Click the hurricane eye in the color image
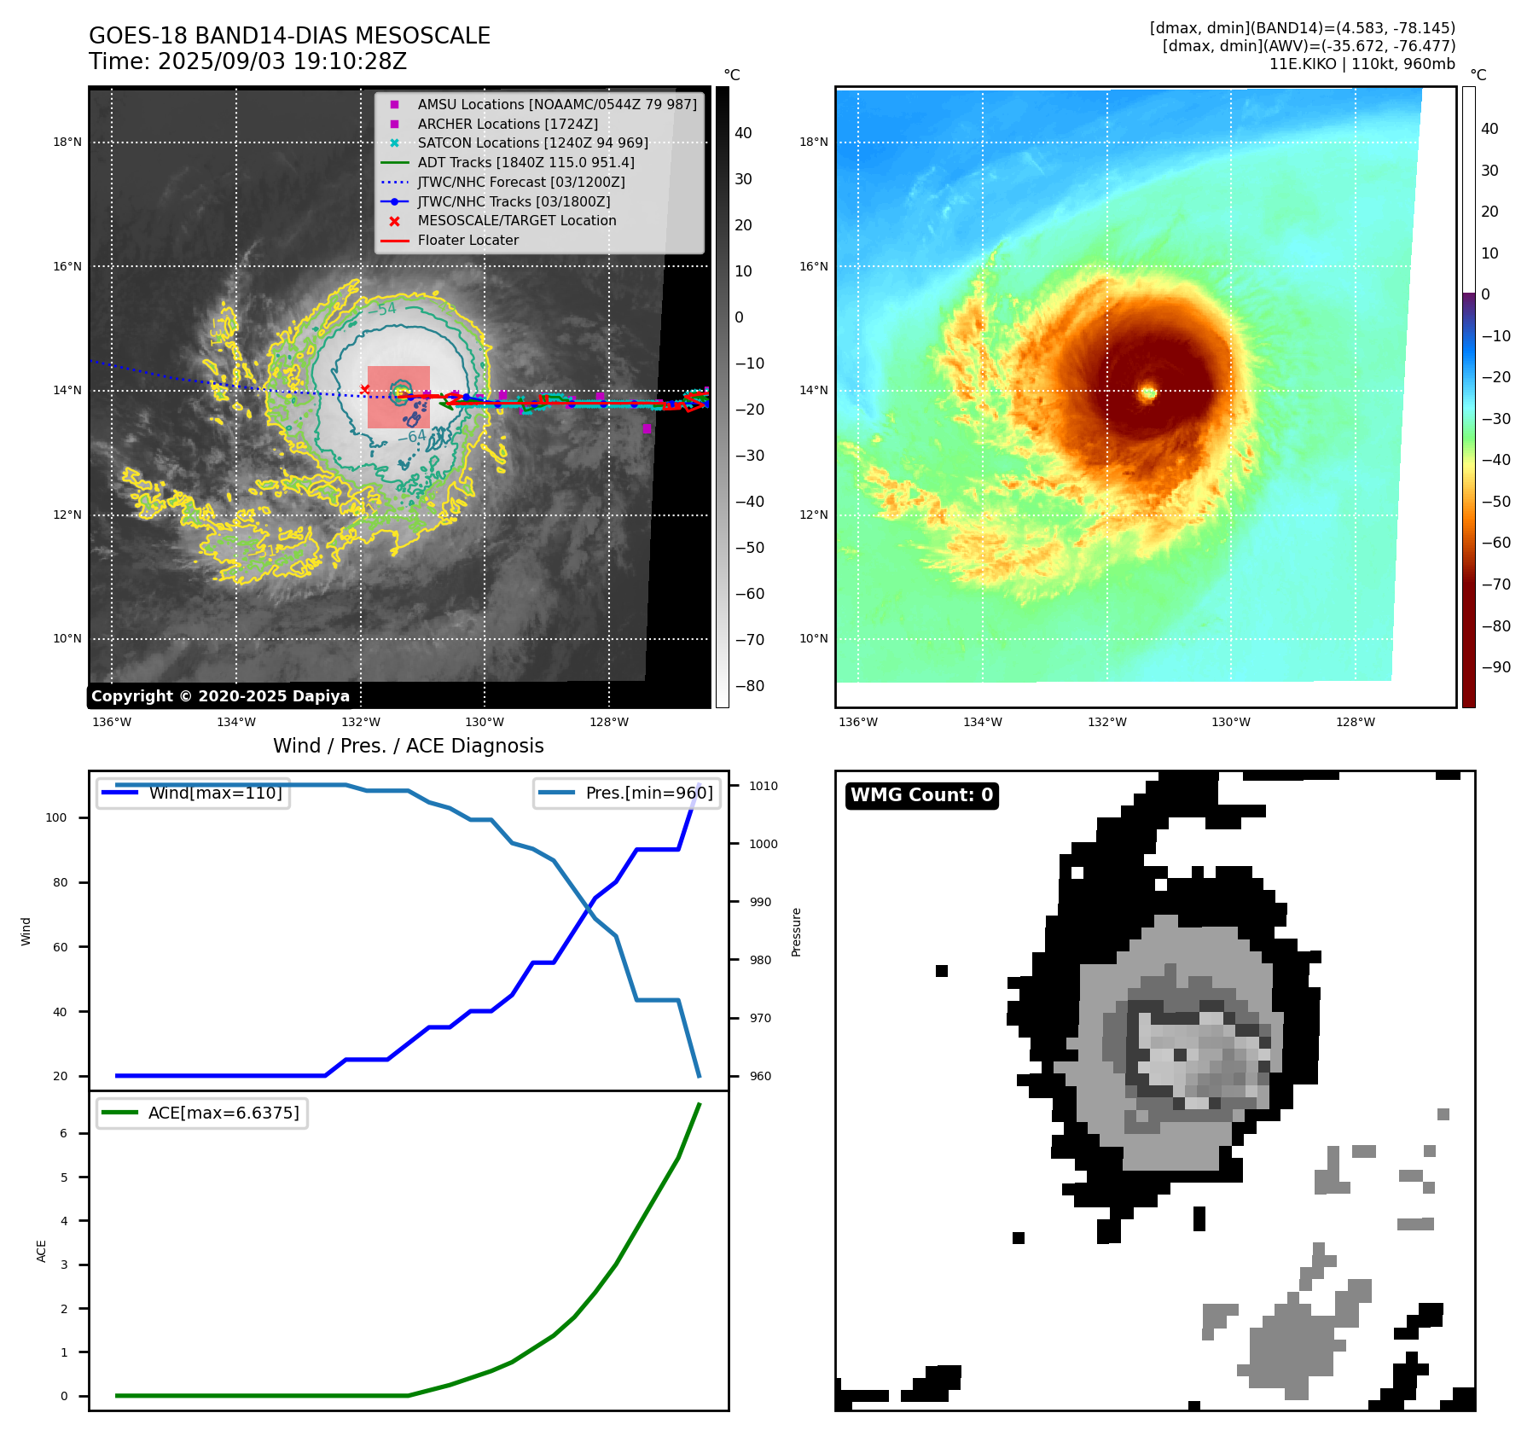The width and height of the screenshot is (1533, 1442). click(1148, 392)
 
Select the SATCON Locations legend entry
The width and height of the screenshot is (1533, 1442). click(532, 143)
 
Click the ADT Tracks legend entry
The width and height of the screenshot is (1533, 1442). click(526, 163)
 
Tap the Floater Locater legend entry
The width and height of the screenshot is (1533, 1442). click(467, 241)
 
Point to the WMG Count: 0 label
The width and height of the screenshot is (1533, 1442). click(921, 795)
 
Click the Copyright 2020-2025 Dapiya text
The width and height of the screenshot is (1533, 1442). click(220, 696)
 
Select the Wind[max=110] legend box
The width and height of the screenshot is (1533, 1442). click(193, 793)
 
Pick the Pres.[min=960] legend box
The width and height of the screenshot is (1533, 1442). click(627, 793)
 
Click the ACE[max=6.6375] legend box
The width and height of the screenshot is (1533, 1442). click(202, 1113)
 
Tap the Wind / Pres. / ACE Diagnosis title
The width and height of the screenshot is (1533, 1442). click(408, 746)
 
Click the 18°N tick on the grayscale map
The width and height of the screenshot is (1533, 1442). click(67, 142)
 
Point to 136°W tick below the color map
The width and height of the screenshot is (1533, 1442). click(857, 723)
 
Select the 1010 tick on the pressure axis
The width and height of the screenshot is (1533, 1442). click(764, 786)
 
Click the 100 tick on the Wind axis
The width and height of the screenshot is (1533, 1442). click(56, 817)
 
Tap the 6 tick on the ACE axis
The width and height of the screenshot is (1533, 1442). click(63, 1133)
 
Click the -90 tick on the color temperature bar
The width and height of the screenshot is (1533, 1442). click(1495, 667)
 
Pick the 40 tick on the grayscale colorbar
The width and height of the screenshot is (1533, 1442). click(743, 133)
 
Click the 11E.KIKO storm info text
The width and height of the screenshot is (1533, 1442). click(1362, 64)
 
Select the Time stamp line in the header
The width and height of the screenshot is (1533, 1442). click(247, 62)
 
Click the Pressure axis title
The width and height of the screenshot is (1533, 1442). click(796, 932)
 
